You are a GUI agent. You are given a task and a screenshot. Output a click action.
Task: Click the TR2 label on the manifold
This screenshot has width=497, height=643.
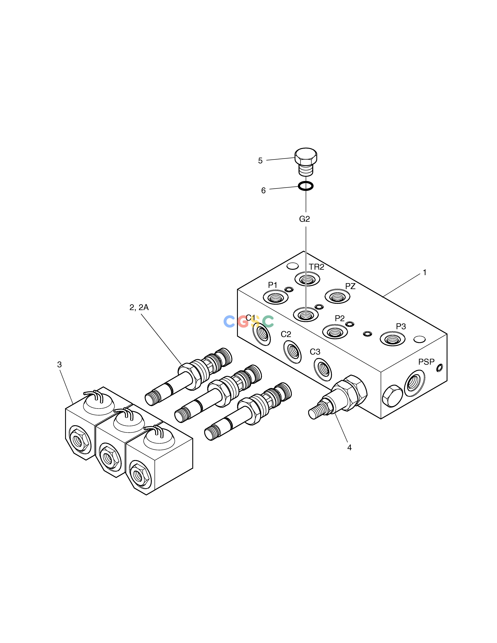(317, 267)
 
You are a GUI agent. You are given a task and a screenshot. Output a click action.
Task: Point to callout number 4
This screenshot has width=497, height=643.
(350, 448)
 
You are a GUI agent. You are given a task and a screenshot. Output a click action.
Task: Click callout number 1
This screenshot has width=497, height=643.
(425, 273)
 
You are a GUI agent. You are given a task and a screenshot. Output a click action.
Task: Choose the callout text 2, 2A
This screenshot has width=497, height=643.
(139, 308)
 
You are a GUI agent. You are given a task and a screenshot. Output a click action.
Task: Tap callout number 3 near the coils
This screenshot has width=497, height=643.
(60, 364)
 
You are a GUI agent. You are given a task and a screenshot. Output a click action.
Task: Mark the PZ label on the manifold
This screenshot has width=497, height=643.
(350, 286)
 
